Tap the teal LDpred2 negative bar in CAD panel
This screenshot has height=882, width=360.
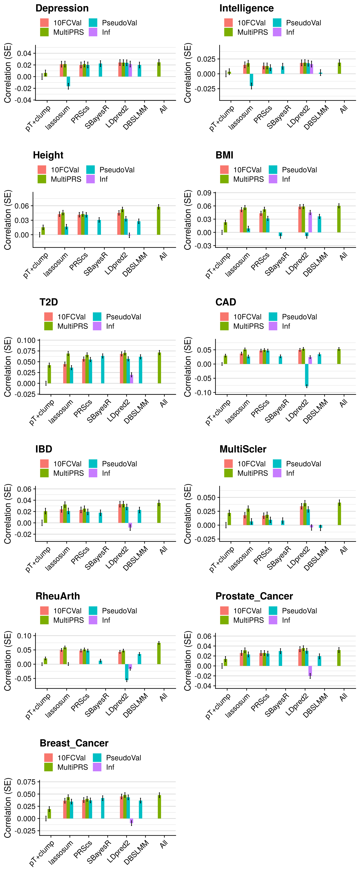point(307,375)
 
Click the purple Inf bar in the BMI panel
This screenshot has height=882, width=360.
point(310,223)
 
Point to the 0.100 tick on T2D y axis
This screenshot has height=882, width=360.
point(26,340)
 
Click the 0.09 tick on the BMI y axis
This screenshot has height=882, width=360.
point(204,193)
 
